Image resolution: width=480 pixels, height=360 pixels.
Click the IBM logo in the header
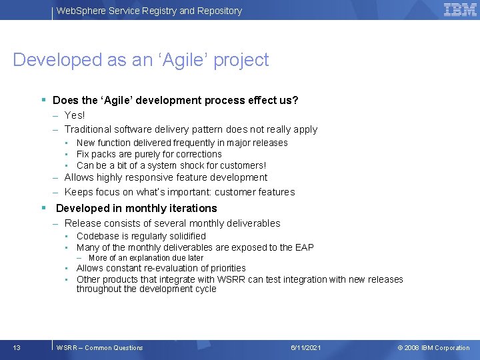pyautogui.click(x=460, y=10)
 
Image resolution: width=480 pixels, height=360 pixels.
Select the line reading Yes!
pyautogui.click(x=75, y=115)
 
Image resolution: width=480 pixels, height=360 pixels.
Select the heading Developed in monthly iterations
pyautogui.click(x=136, y=208)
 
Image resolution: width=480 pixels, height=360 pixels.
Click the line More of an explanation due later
pyautogui.click(x=145, y=258)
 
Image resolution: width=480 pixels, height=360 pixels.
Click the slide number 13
pyautogui.click(x=17, y=347)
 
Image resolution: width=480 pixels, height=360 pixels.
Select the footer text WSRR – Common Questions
pyautogui.click(x=100, y=347)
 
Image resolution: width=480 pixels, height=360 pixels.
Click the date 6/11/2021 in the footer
pyautogui.click(x=306, y=347)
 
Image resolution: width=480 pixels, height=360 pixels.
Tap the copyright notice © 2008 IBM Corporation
pyautogui.click(x=433, y=347)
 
